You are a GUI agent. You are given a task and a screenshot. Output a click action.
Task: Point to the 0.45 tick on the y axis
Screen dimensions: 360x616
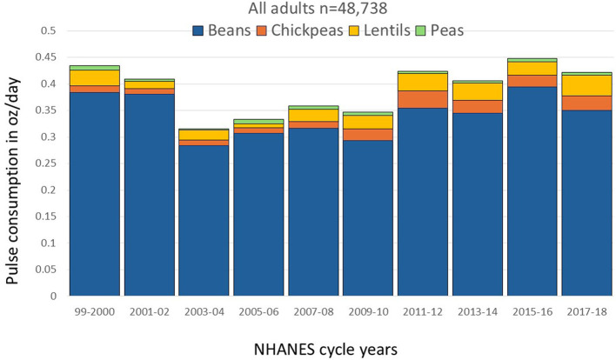46,57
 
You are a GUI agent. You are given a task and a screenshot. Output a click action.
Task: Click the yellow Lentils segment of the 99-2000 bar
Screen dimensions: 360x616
94,77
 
